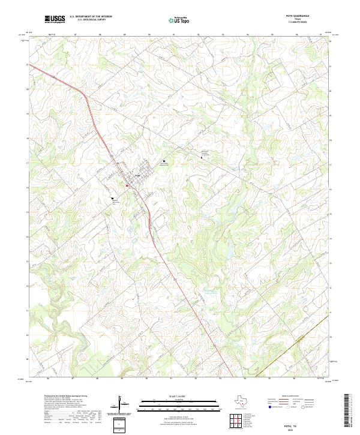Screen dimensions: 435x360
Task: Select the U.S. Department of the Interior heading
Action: point(91,16)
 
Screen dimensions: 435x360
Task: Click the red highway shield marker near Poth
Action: point(127,185)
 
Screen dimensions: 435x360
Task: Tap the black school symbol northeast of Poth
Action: point(164,161)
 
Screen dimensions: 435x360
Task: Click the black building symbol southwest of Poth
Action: point(112,197)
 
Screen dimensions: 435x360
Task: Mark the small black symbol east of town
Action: point(202,157)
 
